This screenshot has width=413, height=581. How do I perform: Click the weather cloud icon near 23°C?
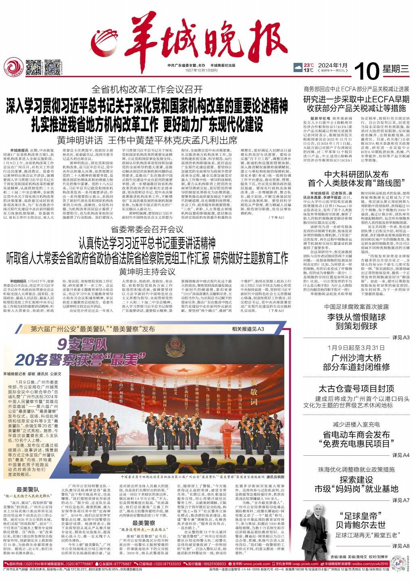coord(298,67)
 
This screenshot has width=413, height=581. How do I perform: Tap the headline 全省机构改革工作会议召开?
coord(147,89)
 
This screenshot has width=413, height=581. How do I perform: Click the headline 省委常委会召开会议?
coord(147,230)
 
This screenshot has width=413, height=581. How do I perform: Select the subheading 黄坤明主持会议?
coord(147,271)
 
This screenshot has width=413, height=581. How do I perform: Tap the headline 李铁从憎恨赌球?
coord(356,317)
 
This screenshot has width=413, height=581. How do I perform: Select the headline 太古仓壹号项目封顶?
coord(356,389)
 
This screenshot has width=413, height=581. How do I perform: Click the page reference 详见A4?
coord(400,455)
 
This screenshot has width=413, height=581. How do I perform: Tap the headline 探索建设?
coord(356,480)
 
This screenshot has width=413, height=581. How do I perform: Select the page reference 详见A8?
coord(400,546)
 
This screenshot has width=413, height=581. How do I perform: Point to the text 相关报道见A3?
coord(247,329)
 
